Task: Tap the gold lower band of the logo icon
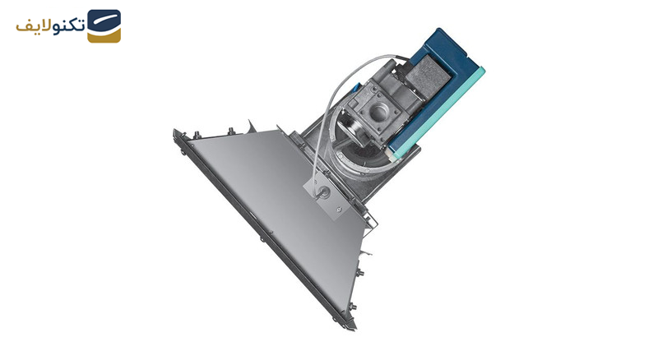click(104, 36)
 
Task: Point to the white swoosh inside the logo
click(105, 22)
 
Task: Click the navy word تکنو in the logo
click(69, 26)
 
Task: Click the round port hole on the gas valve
click(379, 112)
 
